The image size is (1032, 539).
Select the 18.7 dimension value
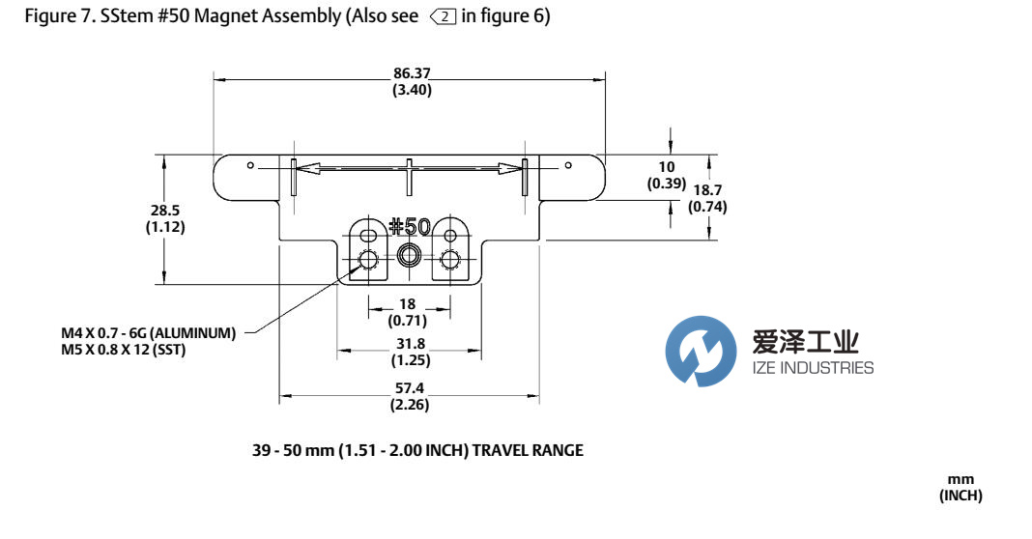click(706, 190)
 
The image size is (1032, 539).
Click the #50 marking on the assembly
click(409, 227)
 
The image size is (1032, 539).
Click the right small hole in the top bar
click(568, 165)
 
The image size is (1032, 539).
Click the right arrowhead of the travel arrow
click(510, 169)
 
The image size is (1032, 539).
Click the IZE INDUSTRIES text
click(812, 367)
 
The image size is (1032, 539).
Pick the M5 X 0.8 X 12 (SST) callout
click(123, 350)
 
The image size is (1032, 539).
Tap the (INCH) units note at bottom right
click(960, 496)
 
